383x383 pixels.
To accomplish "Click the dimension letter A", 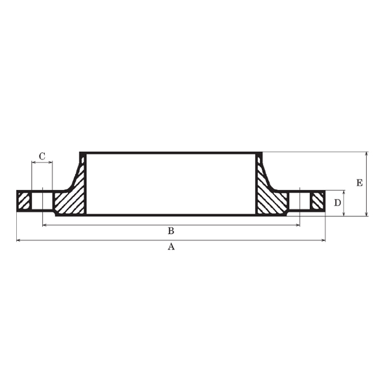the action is tap(171, 246).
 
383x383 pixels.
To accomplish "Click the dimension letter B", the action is tap(171, 231).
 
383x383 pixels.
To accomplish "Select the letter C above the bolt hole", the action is tap(42, 156).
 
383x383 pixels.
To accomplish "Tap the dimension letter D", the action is tap(338, 202).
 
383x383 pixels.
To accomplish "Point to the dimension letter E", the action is tap(359, 183).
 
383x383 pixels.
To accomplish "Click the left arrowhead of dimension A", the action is tap(18, 240).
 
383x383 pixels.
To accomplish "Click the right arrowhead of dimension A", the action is tap(323, 240).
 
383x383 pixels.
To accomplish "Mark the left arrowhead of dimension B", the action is tap(45, 225).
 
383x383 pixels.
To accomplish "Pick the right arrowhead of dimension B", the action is tap(297, 225).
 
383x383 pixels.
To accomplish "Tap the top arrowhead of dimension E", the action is tap(366, 154).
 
